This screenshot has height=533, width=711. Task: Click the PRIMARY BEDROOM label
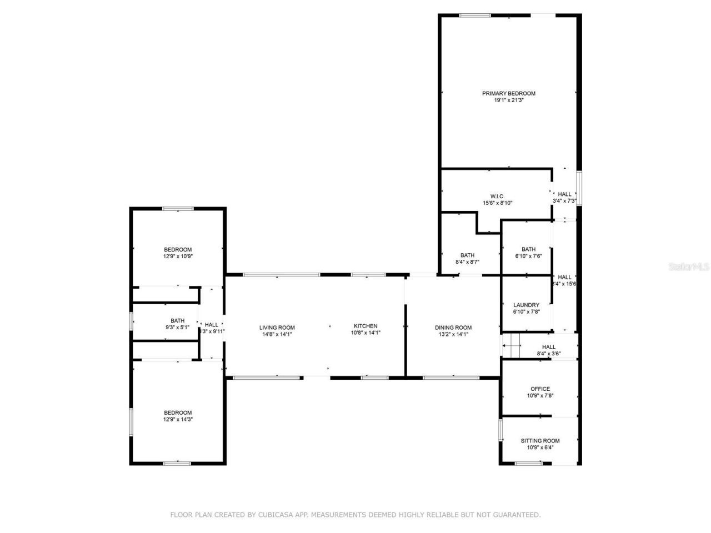[508, 93]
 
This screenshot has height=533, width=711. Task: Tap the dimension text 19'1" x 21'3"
[508, 100]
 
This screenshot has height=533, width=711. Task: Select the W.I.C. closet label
[497, 196]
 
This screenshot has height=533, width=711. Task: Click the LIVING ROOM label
[277, 328]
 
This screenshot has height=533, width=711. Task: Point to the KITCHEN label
[365, 326]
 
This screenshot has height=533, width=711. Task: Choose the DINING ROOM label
[453, 328]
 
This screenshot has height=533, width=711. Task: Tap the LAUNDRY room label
[526, 305]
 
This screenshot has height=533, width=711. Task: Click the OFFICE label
[540, 389]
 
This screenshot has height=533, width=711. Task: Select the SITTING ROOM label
[540, 440]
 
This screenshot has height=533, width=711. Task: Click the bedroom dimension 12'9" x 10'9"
[178, 257]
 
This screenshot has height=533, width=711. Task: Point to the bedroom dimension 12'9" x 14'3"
[178, 420]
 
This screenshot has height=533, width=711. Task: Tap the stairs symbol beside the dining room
[511, 346]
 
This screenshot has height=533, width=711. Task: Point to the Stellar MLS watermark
[688, 267]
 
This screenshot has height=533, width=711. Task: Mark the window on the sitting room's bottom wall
[529, 463]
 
